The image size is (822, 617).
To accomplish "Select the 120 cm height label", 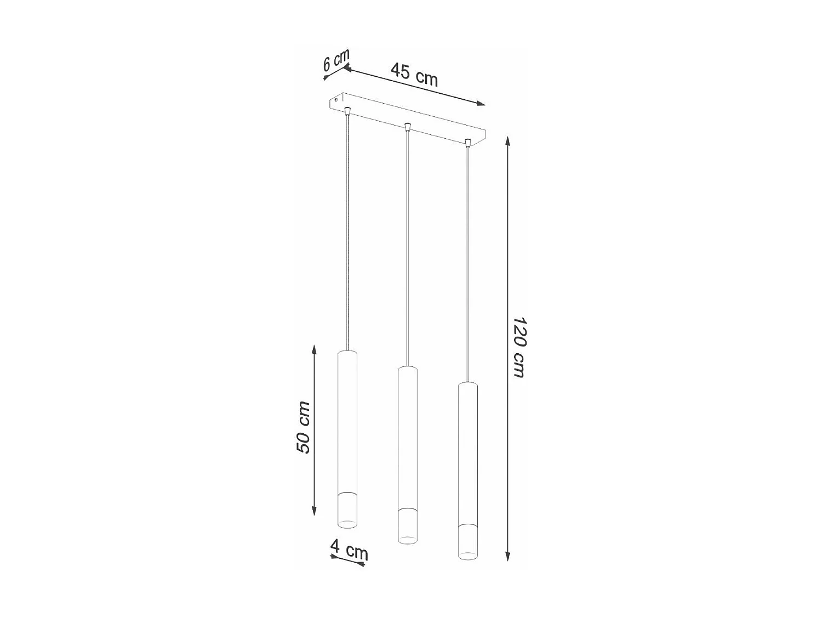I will (518, 347).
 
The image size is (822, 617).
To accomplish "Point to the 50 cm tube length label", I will (303, 427).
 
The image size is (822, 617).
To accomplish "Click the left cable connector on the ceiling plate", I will (347, 111).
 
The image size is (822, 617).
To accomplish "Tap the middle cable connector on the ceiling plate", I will (407, 128).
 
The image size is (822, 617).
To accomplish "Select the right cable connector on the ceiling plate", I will (467, 144).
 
